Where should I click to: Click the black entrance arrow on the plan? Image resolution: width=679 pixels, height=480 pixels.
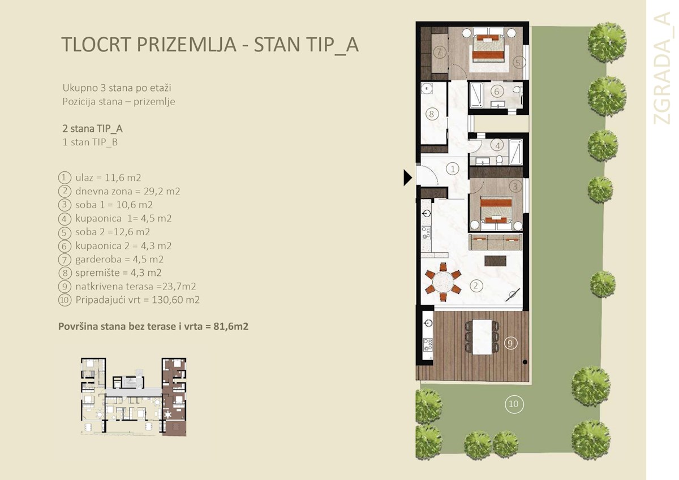[407, 178]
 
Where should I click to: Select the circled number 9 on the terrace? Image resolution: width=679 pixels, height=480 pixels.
[510, 343]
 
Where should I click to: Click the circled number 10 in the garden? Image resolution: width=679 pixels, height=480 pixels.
[513, 404]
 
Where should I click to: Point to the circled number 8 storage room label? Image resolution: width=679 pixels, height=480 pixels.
[431, 114]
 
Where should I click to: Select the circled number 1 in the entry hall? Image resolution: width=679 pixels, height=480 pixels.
[452, 168]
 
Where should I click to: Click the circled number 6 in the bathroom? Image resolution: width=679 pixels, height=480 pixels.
[496, 91]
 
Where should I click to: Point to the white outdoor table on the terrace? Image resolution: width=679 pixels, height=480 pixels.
[483, 337]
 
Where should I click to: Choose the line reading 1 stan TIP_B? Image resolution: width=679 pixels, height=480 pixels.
[90, 142]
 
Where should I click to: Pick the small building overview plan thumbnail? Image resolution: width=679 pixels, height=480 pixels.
[133, 396]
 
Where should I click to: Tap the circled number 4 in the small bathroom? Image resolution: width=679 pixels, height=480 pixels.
[497, 145]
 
